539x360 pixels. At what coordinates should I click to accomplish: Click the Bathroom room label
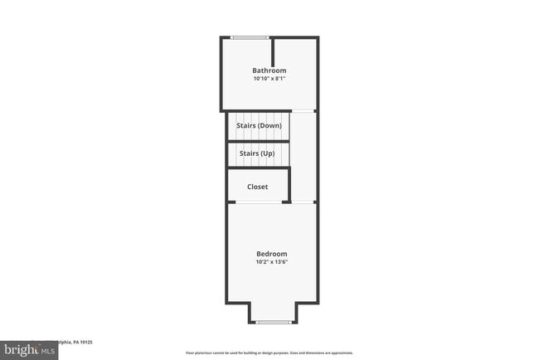tap(269, 71)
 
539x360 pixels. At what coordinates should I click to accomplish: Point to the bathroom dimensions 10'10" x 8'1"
tap(269, 79)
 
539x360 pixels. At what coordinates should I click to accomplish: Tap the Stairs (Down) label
tap(259, 125)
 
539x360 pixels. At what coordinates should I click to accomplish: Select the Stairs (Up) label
tap(257, 153)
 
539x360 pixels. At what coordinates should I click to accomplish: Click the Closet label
tap(257, 187)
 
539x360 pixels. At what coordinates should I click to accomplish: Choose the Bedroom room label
tap(271, 254)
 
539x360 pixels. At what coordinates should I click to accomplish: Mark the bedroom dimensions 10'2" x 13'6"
tap(271, 262)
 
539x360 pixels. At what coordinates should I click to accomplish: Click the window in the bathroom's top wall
tap(250, 37)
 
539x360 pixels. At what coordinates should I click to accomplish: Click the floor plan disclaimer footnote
tap(269, 353)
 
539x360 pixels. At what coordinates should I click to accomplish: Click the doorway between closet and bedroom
tap(286, 202)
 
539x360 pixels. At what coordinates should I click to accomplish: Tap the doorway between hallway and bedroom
tap(303, 202)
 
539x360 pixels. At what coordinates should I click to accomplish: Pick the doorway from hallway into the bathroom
tap(303, 111)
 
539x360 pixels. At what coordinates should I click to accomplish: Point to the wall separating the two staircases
tap(259, 141)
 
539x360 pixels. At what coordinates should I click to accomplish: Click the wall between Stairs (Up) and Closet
tap(259, 168)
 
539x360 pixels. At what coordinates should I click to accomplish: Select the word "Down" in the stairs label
tap(269, 125)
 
